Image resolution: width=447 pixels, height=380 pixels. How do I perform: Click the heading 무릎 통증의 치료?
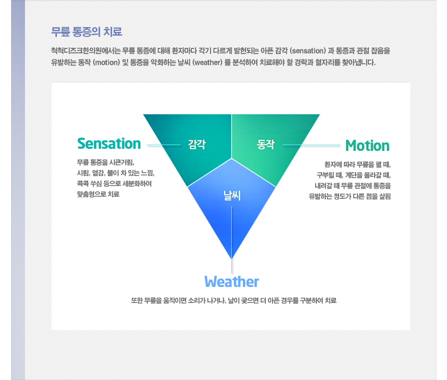click(x=87, y=31)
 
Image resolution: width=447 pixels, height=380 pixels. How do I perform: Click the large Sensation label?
click(x=109, y=143)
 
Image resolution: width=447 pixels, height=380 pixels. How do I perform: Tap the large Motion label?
click(x=367, y=146)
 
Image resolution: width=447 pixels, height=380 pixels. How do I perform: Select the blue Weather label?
click(x=232, y=282)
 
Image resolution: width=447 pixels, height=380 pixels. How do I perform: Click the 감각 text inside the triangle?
click(x=197, y=144)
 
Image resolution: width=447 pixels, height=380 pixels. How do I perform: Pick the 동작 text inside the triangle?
click(x=265, y=145)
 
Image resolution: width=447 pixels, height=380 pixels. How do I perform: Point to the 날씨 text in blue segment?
click(x=232, y=196)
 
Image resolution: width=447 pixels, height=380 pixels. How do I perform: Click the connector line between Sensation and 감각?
click(x=164, y=145)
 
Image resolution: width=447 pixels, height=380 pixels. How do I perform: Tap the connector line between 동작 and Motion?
click(x=311, y=145)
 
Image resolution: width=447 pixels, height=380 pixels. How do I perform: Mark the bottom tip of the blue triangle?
click(x=232, y=259)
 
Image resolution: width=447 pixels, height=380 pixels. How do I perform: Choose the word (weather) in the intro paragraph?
click(x=207, y=62)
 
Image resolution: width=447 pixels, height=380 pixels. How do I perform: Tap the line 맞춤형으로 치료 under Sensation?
click(x=98, y=194)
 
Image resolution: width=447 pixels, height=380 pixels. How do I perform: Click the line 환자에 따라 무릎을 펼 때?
click(x=358, y=164)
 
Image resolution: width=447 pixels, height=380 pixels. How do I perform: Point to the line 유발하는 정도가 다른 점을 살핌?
click(x=350, y=196)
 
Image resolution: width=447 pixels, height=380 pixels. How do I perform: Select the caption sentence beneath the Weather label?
click(x=234, y=300)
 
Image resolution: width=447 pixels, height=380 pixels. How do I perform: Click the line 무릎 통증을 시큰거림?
click(x=105, y=163)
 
